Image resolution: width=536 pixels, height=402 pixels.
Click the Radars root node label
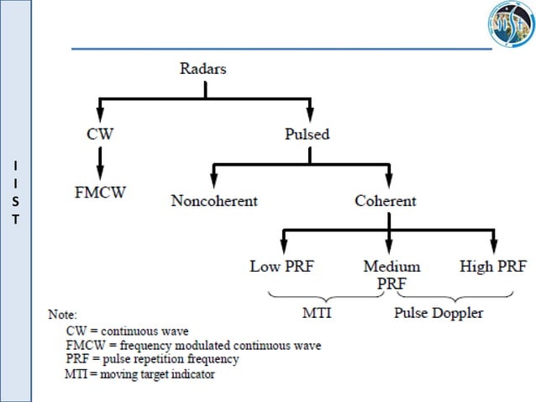pos(202,69)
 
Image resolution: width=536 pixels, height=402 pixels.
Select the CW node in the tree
pos(100,133)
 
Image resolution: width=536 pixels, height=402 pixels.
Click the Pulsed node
pos(307,133)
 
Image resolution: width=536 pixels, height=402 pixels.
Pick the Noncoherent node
pos(214,201)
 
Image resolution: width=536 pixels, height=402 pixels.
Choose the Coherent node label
pos(386,201)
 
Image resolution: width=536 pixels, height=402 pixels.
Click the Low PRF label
pos(282,267)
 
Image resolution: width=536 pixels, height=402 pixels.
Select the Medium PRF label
pos(391,274)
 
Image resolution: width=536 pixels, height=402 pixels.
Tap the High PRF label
pos(492,267)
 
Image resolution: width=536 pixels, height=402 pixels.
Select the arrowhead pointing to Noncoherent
pos(214,180)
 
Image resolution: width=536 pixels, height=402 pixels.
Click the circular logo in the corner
pos(510,25)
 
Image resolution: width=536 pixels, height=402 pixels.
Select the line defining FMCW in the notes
pos(193,345)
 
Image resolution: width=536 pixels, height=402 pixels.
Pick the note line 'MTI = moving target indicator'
pos(139,373)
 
